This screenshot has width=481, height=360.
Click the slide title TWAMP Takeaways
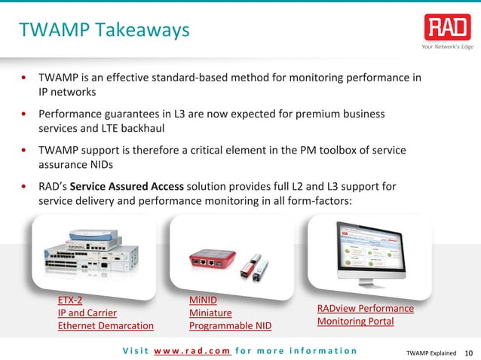coord(104,30)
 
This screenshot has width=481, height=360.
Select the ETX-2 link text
coord(70,300)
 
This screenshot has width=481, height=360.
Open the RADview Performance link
coord(365,309)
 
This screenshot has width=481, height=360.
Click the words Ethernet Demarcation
coord(106,325)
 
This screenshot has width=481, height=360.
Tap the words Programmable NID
coord(230,325)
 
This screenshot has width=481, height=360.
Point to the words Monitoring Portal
coord(355,322)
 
